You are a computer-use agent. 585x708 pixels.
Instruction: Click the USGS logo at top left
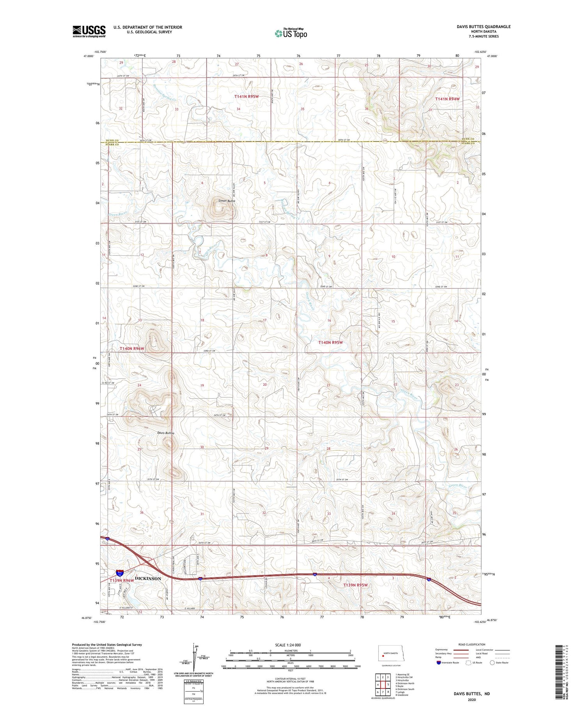coord(89,31)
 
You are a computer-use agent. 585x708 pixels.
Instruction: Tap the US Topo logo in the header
coord(291,33)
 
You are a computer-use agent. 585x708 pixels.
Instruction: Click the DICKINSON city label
coord(148,578)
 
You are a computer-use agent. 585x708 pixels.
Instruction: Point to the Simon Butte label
coord(227,201)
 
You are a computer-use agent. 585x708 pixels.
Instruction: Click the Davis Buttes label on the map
coord(166,433)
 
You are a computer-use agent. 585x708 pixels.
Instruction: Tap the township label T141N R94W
coord(447,99)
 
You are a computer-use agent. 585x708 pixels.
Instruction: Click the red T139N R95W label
coord(355,585)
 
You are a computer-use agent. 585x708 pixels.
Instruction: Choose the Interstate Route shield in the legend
coord(439,663)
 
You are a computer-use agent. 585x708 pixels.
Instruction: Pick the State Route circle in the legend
coord(492,662)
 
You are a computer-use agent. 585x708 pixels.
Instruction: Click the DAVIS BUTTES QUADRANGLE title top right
coord(484,27)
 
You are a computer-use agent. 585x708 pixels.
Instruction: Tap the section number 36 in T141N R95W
coord(366,109)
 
